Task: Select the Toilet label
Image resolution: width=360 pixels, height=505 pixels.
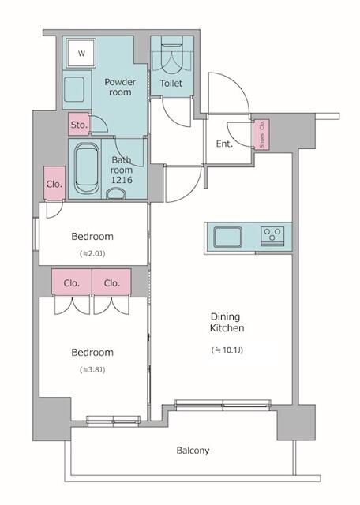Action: [x=171, y=83]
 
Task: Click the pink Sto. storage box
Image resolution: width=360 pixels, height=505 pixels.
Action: [x=79, y=125]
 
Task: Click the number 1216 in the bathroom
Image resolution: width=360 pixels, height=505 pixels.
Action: [x=122, y=180]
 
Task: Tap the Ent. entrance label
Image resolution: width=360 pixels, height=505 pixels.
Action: [x=224, y=144]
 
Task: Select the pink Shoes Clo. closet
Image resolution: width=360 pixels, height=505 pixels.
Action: [x=261, y=134]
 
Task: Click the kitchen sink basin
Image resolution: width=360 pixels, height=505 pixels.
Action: [x=227, y=236]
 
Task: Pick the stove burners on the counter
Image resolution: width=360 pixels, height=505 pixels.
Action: [x=273, y=235]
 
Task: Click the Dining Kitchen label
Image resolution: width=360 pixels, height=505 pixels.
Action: [x=227, y=320]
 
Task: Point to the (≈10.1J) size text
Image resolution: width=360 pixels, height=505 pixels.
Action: [x=227, y=349]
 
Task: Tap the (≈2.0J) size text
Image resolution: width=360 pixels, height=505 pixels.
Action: [x=92, y=253]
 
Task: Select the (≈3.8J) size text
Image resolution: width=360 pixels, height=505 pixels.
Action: [x=92, y=369]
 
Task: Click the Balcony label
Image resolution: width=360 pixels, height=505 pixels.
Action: [x=193, y=451]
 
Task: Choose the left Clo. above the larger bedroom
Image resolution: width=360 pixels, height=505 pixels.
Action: [x=72, y=282]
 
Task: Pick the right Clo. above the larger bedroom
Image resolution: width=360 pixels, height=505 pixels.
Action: [x=111, y=282]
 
